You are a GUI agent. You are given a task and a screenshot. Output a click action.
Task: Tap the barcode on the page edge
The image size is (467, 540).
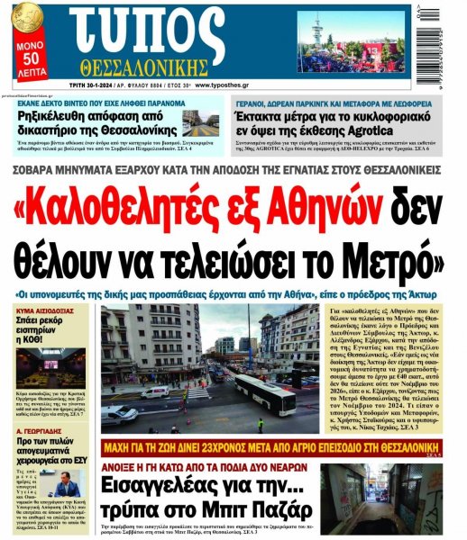pyautogui.click(x=457, y=40)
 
